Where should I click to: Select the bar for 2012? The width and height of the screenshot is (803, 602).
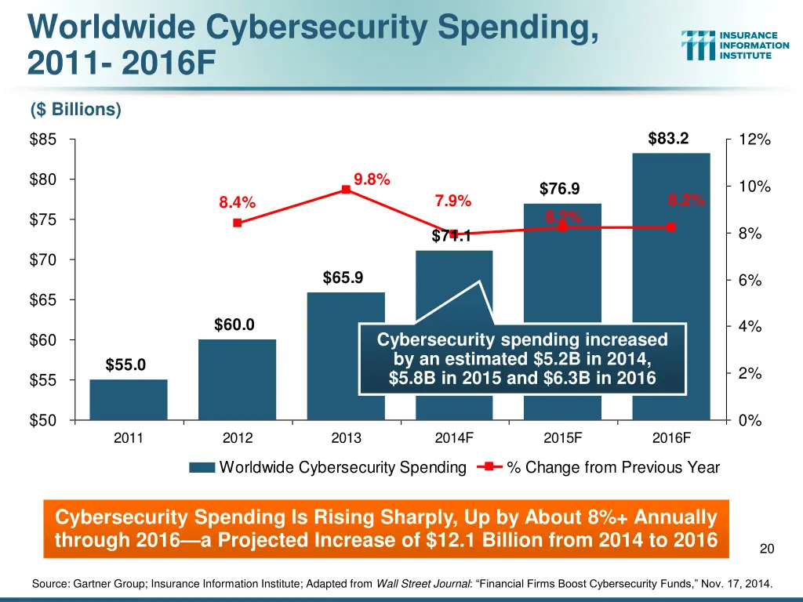click(x=238, y=379)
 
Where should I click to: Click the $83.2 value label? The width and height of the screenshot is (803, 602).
click(x=668, y=139)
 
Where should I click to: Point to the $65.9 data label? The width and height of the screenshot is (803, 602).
click(x=343, y=277)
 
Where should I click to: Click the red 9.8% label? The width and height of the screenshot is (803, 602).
click(x=372, y=179)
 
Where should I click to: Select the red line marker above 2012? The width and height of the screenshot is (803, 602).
click(x=237, y=223)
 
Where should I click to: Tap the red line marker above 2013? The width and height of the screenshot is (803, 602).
click(x=345, y=189)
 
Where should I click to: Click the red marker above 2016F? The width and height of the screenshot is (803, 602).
click(x=671, y=227)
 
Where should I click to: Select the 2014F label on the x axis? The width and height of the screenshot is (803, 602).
click(x=454, y=439)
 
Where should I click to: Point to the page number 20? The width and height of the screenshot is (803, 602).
click(x=767, y=549)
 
